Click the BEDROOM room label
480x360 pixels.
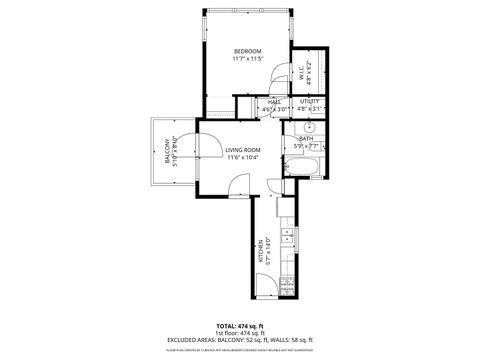click(247, 51)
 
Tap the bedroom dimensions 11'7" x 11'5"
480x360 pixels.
click(247, 59)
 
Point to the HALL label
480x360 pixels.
click(273, 102)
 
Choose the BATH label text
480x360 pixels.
click(304, 139)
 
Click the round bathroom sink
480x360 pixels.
click(310, 127)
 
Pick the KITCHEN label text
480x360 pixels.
click(258, 250)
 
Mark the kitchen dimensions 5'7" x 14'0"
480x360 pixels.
click(266, 250)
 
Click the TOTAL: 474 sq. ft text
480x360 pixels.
click(240, 326)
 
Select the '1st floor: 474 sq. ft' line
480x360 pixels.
click(240, 334)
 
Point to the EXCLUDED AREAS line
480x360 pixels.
click(240, 341)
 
